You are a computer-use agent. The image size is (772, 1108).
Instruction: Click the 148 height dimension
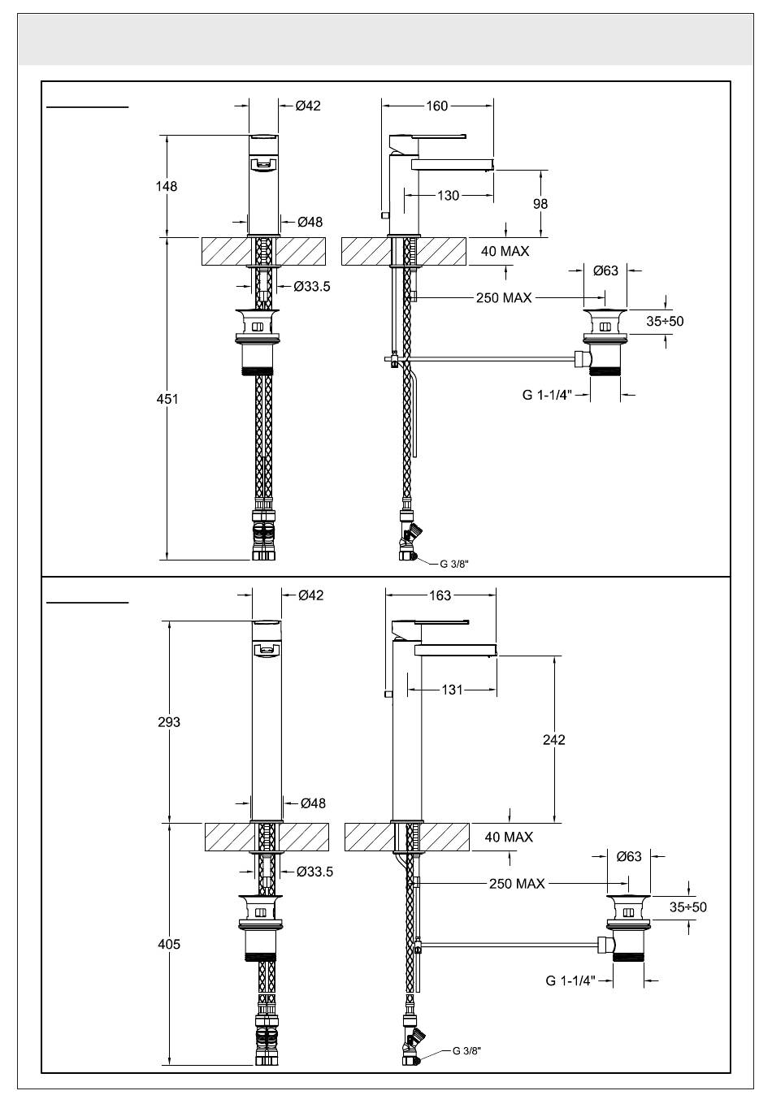pos(167,187)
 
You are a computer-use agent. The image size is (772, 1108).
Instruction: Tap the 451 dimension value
pos(167,399)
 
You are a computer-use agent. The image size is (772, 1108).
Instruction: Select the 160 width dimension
pos(437,106)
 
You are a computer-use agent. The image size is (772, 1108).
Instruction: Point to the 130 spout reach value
pos(449,196)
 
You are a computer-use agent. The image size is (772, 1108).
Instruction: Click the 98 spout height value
pos(540,204)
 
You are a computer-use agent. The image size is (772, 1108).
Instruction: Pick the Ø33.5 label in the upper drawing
pos(312,287)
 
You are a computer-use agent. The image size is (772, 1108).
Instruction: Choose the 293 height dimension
pos(169,722)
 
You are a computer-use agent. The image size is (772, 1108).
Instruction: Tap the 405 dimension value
pos(169,944)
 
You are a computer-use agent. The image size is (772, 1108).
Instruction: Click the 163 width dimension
pos(440,595)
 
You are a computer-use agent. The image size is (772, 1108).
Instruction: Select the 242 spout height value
pos(553,739)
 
